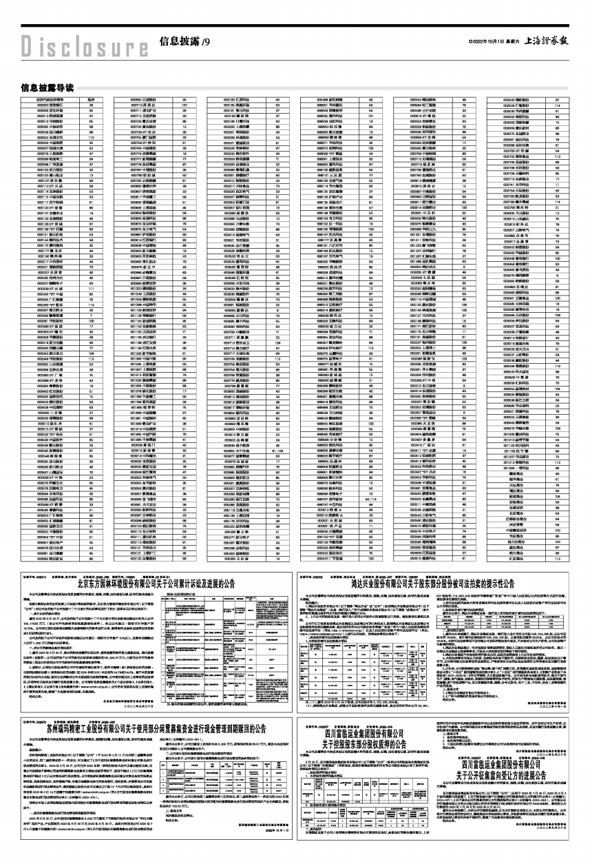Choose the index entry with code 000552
click(x=419, y=99)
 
